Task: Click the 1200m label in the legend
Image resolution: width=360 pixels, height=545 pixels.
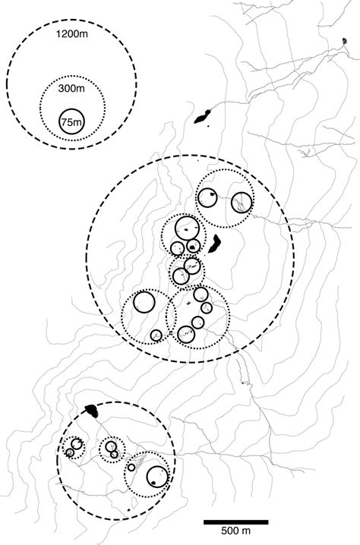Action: pos(71,34)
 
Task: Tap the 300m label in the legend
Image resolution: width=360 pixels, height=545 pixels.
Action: pos(71,89)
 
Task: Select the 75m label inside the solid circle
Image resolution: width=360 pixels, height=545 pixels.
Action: pos(71,122)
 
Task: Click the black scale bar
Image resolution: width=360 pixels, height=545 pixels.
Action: pos(236,522)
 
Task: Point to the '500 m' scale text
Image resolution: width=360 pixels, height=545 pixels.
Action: pos(236,531)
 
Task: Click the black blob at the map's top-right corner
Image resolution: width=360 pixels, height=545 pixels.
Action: pos(344,41)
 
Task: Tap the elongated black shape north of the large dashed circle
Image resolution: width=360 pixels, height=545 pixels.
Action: pos(203,117)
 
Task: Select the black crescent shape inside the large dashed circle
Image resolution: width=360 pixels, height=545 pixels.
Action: pos(215,244)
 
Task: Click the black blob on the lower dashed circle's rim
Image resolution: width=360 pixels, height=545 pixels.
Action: pos(92,411)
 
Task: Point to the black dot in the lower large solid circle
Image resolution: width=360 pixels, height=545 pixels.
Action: pos(153,483)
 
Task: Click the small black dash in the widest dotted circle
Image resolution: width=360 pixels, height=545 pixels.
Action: pos(189,304)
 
